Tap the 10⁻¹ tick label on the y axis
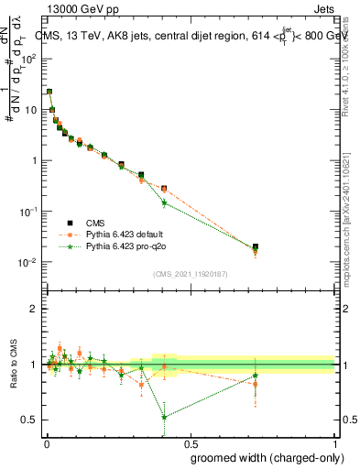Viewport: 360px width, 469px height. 28,212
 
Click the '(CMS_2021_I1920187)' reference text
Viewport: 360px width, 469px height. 190,272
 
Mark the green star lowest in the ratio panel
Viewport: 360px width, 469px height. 164,417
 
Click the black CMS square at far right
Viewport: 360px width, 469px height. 256,246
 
